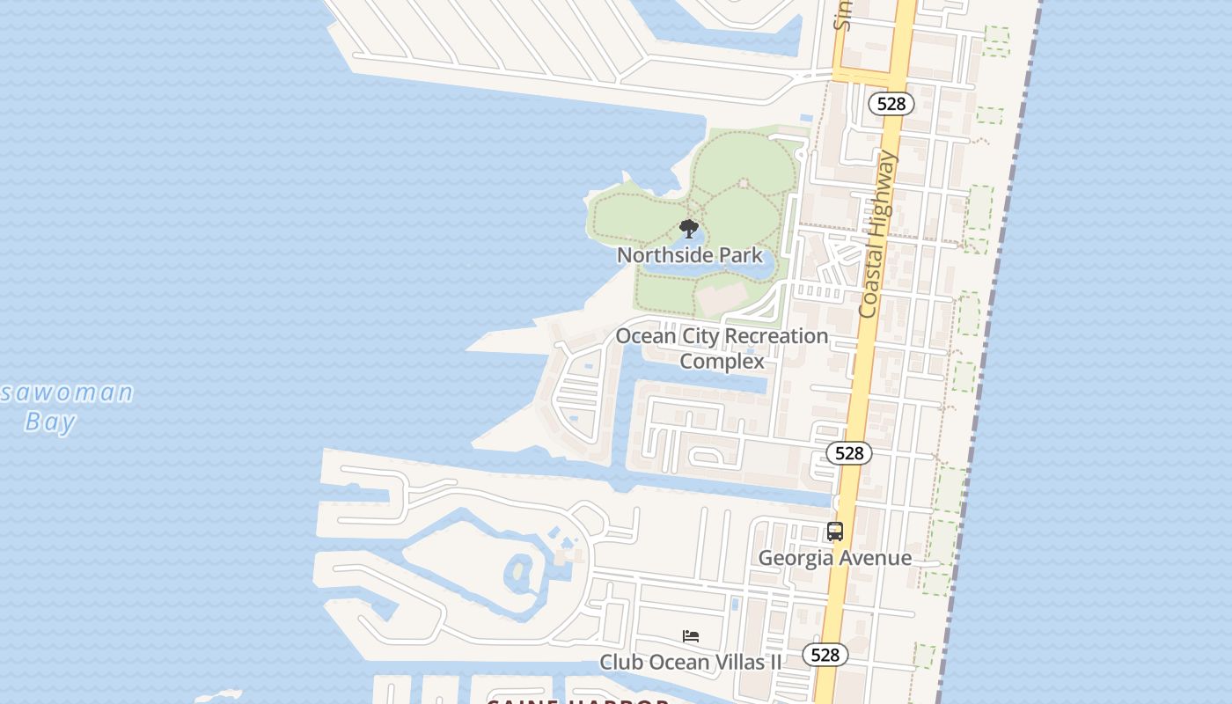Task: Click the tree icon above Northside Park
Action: point(689,230)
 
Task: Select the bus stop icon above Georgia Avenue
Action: point(835,532)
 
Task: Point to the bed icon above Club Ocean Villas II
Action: point(691,635)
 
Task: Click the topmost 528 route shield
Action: point(891,104)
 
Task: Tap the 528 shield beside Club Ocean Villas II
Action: point(825,655)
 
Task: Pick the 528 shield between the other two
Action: point(849,453)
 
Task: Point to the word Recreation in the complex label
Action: point(778,336)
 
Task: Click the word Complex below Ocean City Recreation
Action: point(722,361)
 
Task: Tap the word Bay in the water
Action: point(50,422)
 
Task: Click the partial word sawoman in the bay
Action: point(67,392)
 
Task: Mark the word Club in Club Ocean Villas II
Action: point(620,662)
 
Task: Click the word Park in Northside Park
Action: point(741,255)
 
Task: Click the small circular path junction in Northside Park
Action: point(744,183)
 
